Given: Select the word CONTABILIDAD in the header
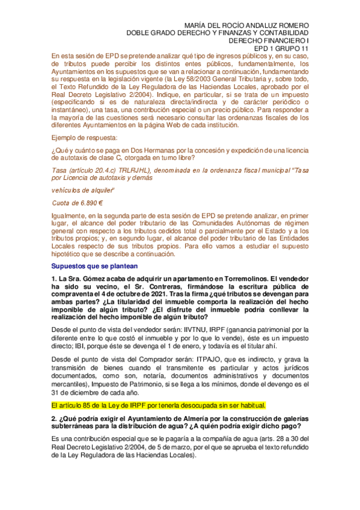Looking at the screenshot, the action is tap(284, 32).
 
